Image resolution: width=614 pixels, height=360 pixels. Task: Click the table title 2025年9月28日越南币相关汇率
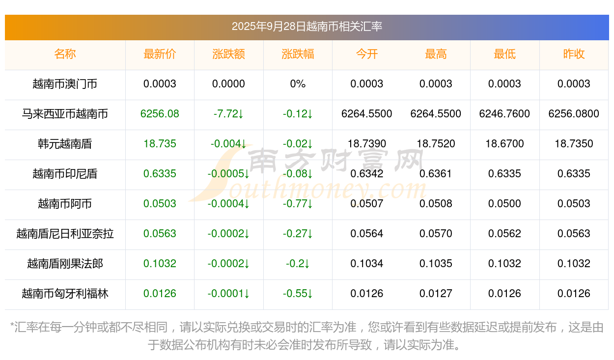307,27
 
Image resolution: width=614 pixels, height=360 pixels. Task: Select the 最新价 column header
160,54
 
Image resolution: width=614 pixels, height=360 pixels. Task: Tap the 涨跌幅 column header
298,54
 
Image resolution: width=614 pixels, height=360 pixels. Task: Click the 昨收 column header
574,54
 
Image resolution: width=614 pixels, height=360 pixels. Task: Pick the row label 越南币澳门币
65,84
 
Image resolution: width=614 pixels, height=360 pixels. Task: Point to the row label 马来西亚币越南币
65,114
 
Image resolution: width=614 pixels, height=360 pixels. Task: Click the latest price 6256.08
160,114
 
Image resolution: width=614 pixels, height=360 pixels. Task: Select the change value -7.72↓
228,114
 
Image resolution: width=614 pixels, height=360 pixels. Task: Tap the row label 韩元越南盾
65,144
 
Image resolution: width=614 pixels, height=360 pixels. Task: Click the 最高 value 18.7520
436,144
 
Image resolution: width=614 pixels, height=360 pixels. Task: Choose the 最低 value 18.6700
504,144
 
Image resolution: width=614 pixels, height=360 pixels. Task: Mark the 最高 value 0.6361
436,174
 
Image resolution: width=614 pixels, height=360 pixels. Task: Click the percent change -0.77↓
298,204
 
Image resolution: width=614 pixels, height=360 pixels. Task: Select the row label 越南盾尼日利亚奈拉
65,234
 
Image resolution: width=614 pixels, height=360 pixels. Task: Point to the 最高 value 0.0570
436,234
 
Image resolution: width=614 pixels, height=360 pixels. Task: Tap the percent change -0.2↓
298,264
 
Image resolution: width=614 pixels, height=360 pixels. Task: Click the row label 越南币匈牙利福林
65,294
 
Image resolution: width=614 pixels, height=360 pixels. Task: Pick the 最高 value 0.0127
436,294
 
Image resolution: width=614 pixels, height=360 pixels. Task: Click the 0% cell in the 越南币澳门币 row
298,84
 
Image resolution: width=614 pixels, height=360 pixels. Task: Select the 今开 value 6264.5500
366,114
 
